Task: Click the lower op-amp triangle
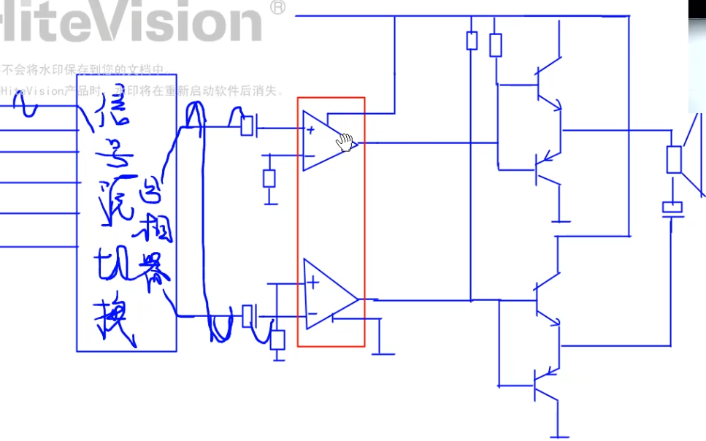pos(328,294)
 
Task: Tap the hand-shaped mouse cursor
pos(345,142)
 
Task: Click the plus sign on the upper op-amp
pos(311,131)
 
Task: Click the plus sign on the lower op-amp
pos(313,283)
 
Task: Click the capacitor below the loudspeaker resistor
pos(672,208)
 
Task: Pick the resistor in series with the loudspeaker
pos(674,159)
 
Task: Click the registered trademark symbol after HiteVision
pos(277,7)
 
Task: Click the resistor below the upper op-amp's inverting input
pos(269,178)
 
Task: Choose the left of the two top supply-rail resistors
pos(472,40)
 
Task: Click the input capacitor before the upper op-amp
pos(248,126)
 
